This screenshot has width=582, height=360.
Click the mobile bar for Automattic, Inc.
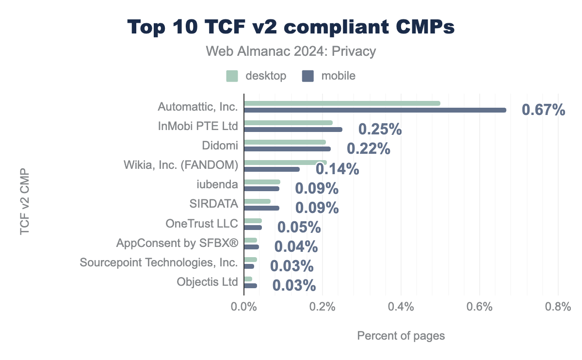375,110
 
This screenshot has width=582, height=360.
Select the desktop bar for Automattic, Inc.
342,103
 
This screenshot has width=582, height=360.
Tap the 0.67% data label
543,110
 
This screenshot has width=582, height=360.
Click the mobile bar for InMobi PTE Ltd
293,130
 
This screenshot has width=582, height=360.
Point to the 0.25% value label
380,130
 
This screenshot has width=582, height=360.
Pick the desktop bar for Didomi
285,142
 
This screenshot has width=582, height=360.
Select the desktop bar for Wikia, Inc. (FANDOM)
285,162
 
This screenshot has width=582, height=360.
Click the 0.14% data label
337,169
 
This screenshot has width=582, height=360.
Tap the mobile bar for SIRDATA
261,208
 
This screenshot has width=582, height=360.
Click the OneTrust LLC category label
202,224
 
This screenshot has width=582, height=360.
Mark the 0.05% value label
299,227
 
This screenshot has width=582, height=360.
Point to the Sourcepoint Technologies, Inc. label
159,263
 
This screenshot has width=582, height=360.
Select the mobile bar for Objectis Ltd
250,286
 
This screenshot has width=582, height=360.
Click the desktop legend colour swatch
232,76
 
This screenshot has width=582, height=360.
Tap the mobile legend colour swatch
308,76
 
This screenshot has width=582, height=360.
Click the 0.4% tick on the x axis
401,307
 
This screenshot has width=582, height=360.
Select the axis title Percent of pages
401,336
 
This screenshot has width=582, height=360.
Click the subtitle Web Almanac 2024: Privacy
291,51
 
